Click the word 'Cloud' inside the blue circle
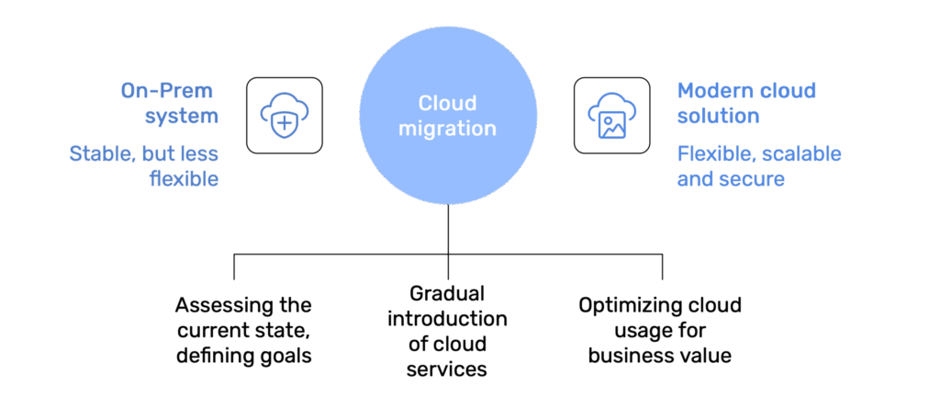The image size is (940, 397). coord(448,104)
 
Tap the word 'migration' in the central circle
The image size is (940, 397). coord(448,128)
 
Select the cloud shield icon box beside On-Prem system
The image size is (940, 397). coord(284,115)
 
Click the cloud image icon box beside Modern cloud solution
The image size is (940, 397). coord(611,115)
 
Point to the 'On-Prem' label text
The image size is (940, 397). coord(167,91)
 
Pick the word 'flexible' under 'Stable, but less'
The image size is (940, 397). coord(184,178)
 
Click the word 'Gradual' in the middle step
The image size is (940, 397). coord(448,293)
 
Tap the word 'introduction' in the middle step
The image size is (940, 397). coord(448,319)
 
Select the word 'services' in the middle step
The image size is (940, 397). coord(448,369)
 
